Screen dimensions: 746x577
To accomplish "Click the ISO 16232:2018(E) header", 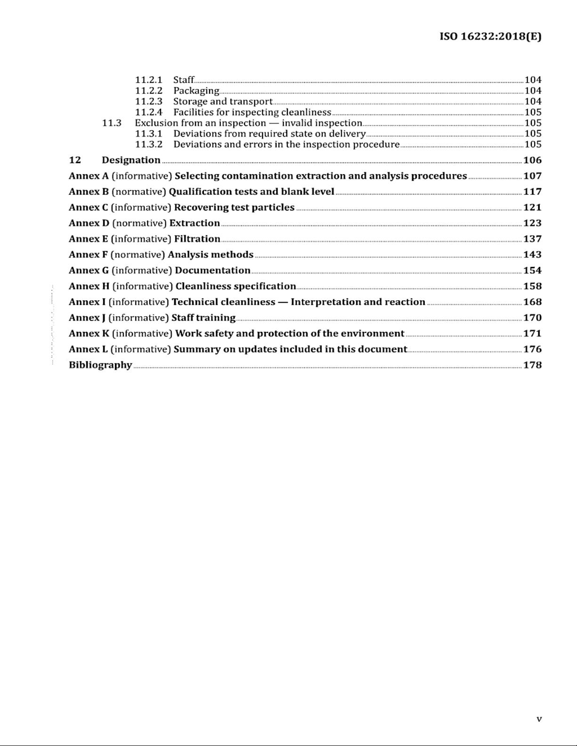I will tap(490, 36).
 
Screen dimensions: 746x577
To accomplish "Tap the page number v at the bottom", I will tap(539, 719).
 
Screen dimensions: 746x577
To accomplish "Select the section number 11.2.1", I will tap(148, 80).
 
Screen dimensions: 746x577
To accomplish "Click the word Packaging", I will tap(196, 90).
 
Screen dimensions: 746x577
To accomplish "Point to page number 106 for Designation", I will tap(532, 160).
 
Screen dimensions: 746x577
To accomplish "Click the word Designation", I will tap(131, 160).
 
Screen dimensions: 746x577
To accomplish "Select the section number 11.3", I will tap(112, 123).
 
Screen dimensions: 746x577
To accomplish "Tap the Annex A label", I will tap(89, 176).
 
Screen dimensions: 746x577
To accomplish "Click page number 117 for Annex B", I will tap(532, 192).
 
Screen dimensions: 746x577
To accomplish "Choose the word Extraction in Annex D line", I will tap(195, 223).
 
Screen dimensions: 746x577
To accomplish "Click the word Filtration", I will tap(197, 239).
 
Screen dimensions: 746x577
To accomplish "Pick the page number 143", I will tap(532, 255).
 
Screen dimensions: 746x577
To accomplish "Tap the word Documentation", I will tap(212, 271).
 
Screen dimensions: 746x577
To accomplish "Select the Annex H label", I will tap(89, 286).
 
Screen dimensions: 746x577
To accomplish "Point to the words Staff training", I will tap(203, 318).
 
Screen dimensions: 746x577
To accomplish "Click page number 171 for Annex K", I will tap(532, 334).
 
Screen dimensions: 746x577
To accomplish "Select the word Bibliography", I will tap(100, 365).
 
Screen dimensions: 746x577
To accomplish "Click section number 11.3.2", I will tap(148, 144).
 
